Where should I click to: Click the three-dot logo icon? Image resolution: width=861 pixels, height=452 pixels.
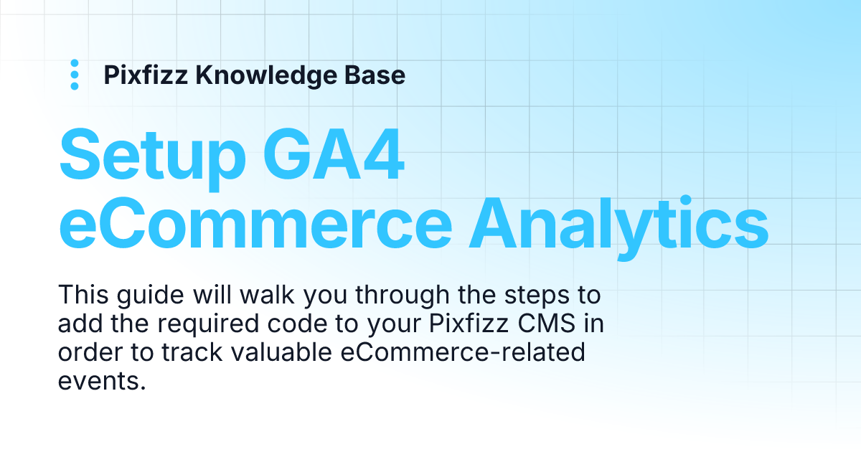coord(74,75)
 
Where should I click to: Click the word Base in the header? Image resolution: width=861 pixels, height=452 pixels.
coord(380,75)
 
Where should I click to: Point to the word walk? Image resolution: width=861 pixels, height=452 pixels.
coord(258,296)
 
